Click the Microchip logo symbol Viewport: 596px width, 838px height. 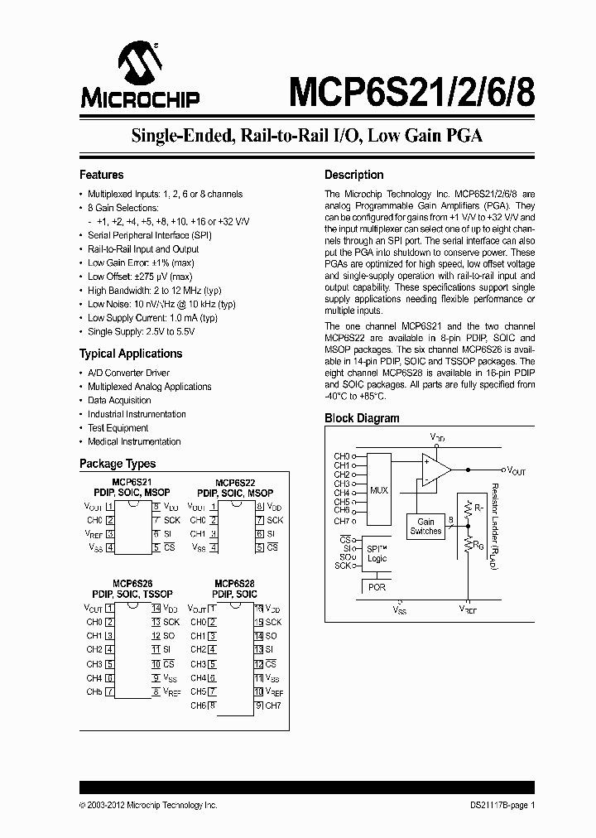pyautogui.click(x=139, y=63)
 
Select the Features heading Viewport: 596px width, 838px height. pyautogui.click(x=101, y=175)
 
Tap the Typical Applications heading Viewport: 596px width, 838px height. pyautogui.click(x=130, y=354)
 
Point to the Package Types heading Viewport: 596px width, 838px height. pyautogui.click(x=117, y=464)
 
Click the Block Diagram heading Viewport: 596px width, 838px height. pyautogui.click(x=362, y=418)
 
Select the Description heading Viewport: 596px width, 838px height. pyautogui.click(x=353, y=175)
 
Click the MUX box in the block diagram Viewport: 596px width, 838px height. pyautogui.click(x=378, y=490)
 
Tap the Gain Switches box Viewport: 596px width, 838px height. pyautogui.click(x=425, y=527)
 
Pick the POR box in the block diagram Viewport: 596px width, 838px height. pyautogui.click(x=377, y=587)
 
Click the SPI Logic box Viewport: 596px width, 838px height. pyautogui.click(x=377, y=554)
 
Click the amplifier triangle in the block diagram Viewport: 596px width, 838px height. pyautogui.click(x=435, y=470)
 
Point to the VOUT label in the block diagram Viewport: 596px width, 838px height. pyautogui.click(x=516, y=470)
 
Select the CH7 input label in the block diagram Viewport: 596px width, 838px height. pyautogui.click(x=341, y=521)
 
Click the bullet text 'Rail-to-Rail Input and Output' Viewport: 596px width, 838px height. pyautogui.click(x=143, y=248)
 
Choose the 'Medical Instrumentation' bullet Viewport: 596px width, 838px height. pyautogui.click(x=134, y=441)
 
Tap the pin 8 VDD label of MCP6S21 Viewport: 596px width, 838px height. pyautogui.click(x=171, y=506)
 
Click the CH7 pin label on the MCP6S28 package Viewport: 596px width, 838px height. pyautogui.click(x=274, y=706)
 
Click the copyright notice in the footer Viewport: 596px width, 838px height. pyautogui.click(x=148, y=805)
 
